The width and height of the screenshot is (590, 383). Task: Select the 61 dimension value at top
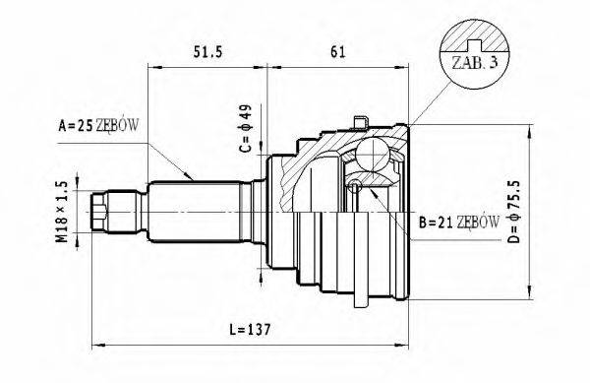tap(337, 51)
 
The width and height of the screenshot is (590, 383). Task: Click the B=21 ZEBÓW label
tap(458, 224)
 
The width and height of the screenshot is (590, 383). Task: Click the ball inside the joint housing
tap(376, 155)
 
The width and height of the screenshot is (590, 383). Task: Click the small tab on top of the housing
tap(363, 121)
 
